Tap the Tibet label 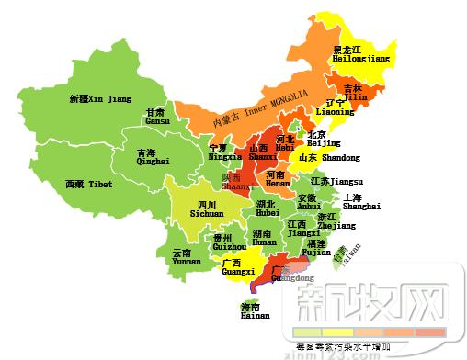89,185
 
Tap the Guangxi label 238,268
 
